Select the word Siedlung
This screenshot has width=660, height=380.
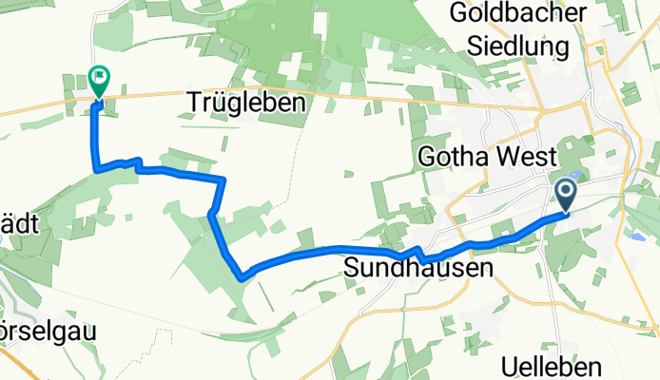click(522, 45)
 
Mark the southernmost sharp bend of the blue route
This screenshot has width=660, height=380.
click(243, 278)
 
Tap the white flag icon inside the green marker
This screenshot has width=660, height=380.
click(98, 75)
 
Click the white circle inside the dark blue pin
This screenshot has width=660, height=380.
click(565, 191)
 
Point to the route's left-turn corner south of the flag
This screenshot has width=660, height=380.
click(96, 171)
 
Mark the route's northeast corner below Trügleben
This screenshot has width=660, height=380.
click(223, 179)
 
